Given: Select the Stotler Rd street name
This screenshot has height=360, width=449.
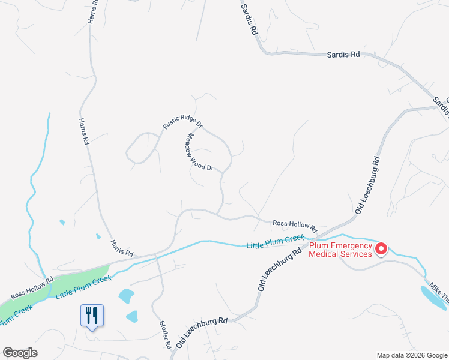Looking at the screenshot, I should (166, 335).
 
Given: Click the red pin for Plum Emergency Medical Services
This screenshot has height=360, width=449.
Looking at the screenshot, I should (380, 248).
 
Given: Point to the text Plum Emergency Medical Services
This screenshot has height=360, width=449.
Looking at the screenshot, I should (340, 250).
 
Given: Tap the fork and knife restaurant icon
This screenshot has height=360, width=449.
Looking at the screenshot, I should (92, 315).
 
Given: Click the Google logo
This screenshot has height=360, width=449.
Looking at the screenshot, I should (20, 353).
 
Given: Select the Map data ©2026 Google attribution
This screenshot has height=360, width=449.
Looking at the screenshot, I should (411, 355).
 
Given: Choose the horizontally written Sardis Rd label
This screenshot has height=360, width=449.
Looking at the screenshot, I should (343, 54).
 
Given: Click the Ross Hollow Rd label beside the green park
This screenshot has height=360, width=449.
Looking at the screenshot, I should (32, 287).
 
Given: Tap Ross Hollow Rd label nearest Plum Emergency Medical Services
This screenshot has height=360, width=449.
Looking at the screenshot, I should (294, 226).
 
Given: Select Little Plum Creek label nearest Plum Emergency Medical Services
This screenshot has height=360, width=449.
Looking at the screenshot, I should (275, 242).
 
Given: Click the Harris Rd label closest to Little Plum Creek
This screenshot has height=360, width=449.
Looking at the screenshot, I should (121, 247).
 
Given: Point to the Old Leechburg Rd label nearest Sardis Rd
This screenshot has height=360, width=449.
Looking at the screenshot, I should (368, 185).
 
